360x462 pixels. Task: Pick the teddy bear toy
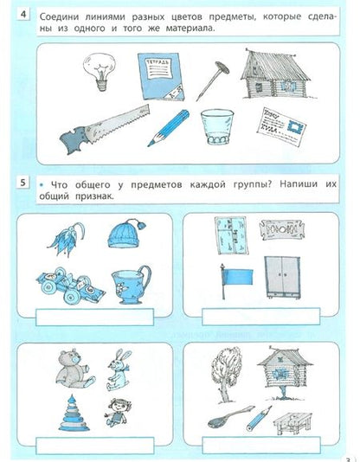[67, 369]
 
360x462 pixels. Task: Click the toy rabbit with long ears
[119, 368]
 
